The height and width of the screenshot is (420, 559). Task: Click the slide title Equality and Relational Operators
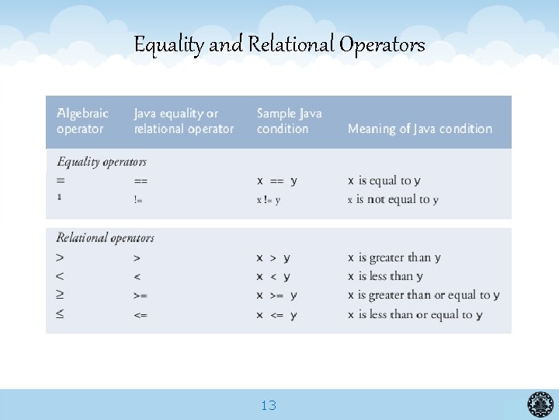(279, 44)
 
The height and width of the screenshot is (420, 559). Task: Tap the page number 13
(269, 405)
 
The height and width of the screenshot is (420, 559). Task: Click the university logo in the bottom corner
(540, 404)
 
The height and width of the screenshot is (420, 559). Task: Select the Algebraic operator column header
(82, 121)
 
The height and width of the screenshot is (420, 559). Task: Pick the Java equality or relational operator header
(183, 121)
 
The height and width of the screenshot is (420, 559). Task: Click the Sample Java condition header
(289, 121)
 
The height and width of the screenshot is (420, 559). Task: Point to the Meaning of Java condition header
(420, 128)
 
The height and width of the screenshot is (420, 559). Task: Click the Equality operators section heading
(102, 162)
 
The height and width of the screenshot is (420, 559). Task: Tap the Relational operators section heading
(106, 238)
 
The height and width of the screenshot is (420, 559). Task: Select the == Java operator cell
(141, 181)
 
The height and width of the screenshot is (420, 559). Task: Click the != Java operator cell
(138, 200)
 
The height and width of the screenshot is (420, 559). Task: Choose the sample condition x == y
(276, 181)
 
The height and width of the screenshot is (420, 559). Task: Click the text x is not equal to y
(393, 200)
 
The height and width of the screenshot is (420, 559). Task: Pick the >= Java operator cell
(141, 296)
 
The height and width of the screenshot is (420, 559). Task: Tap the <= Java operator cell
(141, 315)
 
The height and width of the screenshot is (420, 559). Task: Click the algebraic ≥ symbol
(61, 296)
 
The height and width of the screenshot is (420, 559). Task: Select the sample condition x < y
(273, 276)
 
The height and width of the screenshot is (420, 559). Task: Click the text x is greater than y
(394, 257)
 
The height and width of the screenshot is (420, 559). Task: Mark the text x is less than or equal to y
(415, 315)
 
